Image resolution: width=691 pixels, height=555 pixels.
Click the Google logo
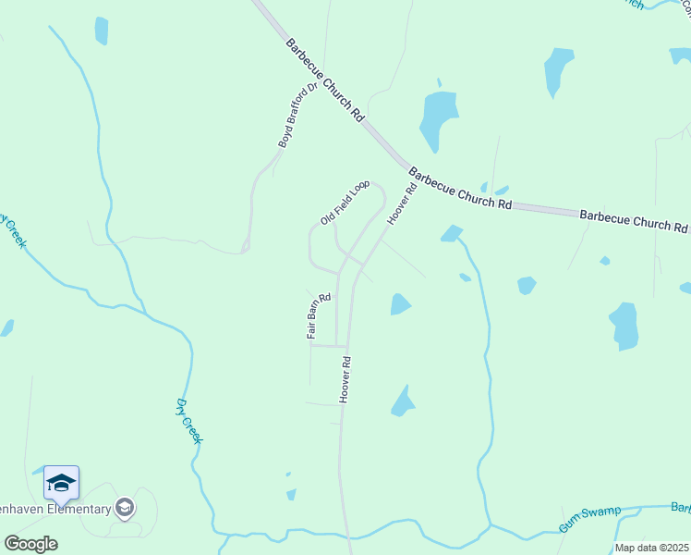point(30,543)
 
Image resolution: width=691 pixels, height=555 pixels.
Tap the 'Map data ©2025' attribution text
point(650,548)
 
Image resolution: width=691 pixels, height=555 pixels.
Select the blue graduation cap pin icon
point(61,484)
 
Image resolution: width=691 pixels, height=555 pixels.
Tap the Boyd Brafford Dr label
point(297,115)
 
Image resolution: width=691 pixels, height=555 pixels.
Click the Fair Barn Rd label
point(318,316)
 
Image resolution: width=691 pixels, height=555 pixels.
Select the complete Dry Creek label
point(188,420)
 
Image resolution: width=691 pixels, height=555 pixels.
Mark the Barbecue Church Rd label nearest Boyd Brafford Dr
point(324,80)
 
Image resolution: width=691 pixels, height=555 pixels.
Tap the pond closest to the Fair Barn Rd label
point(399,303)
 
